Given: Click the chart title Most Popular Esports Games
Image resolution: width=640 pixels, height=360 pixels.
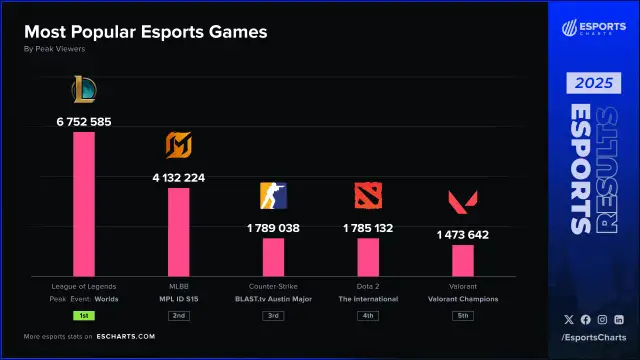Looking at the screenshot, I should pyautogui.click(x=145, y=32).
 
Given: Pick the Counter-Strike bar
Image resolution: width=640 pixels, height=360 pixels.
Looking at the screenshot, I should pyautogui.click(x=273, y=257).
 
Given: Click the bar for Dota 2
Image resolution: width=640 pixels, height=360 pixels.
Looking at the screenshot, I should pyautogui.click(x=368, y=257).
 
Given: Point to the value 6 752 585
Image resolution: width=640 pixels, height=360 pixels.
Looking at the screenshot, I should pyautogui.click(x=83, y=121).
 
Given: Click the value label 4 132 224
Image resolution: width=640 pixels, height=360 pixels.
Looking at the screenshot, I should pyautogui.click(x=178, y=177).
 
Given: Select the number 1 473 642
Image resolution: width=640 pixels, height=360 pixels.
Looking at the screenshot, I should pyautogui.click(x=463, y=234).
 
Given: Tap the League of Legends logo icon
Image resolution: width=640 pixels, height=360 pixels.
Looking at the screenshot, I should pyautogui.click(x=83, y=91).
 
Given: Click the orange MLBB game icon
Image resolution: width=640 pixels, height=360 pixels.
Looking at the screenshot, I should pyautogui.click(x=178, y=147).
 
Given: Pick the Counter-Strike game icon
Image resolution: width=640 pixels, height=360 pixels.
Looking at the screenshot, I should pyautogui.click(x=273, y=196).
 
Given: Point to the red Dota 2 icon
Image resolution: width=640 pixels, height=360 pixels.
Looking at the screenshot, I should pyautogui.click(x=368, y=196).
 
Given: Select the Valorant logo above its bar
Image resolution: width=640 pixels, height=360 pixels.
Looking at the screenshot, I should pyautogui.click(x=463, y=203).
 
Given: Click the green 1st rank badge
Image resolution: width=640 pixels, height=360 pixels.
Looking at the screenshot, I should pyautogui.click(x=83, y=316).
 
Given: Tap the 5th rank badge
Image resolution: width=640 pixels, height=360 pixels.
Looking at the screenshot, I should pyautogui.click(x=463, y=316).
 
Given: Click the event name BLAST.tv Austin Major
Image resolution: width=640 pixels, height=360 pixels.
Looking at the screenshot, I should pyautogui.click(x=273, y=299).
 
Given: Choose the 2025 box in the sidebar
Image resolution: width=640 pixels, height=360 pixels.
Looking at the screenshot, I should pyautogui.click(x=594, y=83).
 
